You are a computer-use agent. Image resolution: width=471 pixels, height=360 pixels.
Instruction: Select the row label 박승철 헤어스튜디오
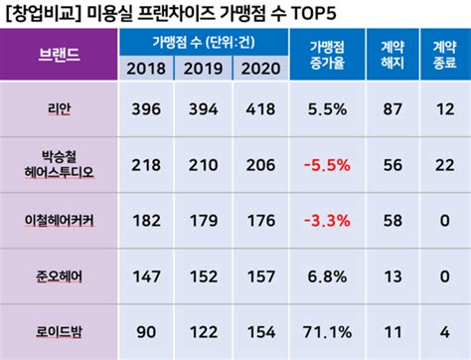click(61, 162)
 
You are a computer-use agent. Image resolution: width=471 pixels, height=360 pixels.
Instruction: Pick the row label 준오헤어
click(61, 273)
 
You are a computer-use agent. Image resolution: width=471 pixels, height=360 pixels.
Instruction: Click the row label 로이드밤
click(61, 330)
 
